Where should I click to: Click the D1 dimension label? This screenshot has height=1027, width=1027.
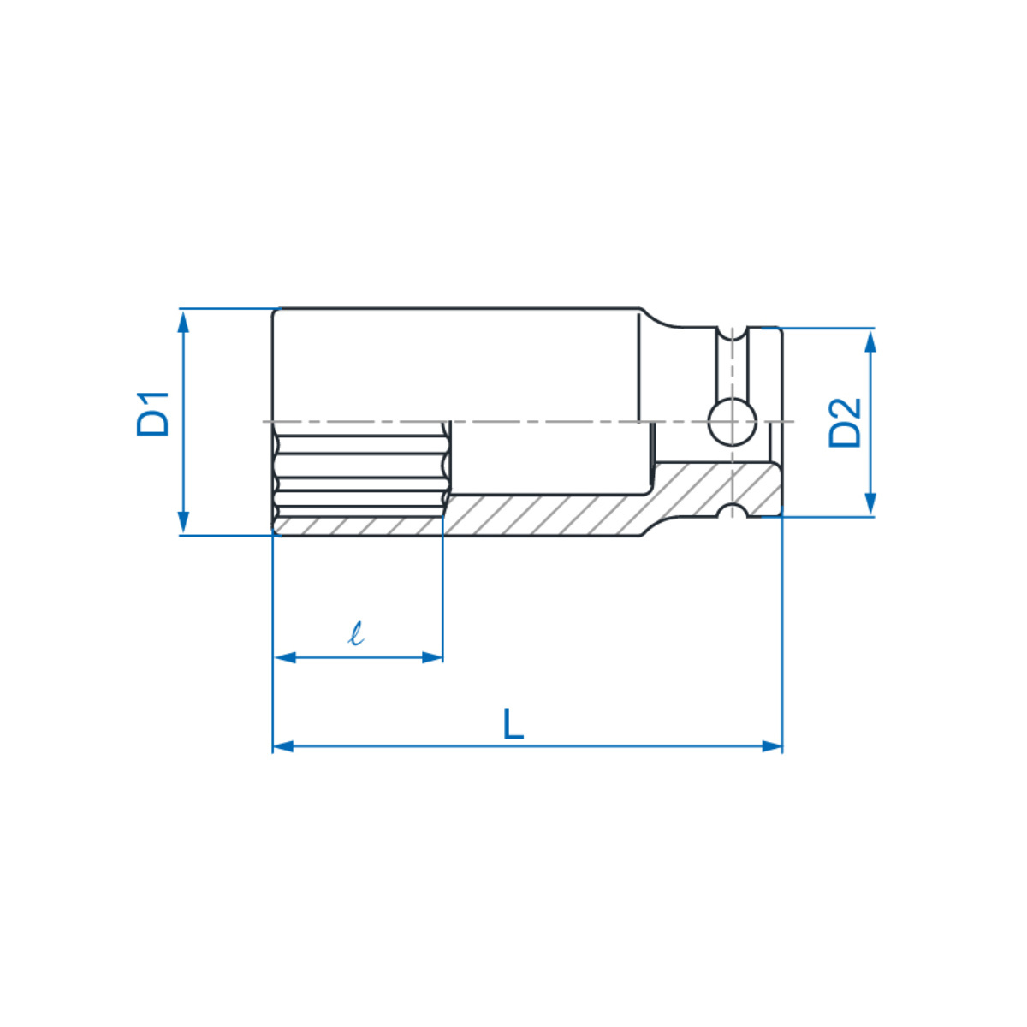[153, 414]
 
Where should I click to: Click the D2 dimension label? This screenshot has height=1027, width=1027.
[845, 423]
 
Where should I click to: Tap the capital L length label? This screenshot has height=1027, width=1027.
[513, 724]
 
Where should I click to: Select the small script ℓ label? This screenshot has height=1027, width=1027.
[356, 633]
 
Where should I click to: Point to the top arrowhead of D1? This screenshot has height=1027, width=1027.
[183, 322]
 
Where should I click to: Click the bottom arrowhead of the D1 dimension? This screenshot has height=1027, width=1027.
[183, 522]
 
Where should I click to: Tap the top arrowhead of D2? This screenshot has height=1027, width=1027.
[870, 341]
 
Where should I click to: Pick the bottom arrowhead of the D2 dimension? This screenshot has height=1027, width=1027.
[870, 503]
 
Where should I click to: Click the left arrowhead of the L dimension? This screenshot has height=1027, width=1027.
[283, 746]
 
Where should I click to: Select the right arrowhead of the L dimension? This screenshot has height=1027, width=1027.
[772, 746]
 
